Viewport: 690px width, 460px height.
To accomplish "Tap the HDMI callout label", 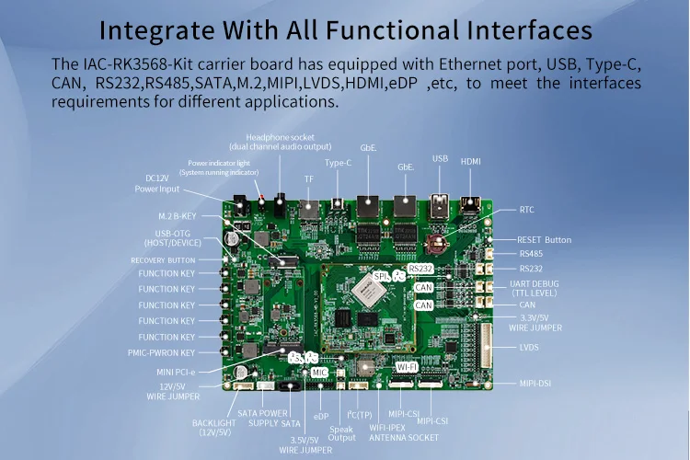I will click(470, 161).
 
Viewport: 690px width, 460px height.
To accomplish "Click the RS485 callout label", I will click(532, 253).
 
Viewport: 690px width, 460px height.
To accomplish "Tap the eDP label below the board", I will click(321, 417).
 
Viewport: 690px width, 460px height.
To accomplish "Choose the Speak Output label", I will click(340, 432).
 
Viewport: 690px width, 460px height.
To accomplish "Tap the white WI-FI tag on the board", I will click(407, 366).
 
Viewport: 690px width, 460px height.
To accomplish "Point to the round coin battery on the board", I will click(436, 244).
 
